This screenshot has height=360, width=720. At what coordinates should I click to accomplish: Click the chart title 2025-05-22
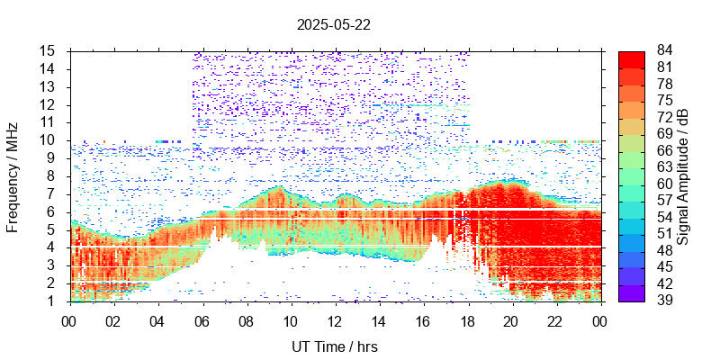(333, 25)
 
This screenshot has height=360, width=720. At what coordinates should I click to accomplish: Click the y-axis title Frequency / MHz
(13, 175)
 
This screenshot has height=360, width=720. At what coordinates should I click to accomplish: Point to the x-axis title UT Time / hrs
(333, 346)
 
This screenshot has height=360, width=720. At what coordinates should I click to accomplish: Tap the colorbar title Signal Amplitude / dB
(683, 175)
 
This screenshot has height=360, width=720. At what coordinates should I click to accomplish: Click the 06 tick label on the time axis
(202, 320)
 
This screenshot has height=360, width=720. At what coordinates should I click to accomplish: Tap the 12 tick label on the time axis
(335, 320)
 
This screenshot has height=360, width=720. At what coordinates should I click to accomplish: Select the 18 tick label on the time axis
(467, 320)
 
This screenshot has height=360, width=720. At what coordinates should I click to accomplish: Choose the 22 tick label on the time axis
(556, 320)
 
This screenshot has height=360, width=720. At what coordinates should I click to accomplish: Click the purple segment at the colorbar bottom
(632, 292)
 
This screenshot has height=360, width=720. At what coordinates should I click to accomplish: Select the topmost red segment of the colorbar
(632, 58)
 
